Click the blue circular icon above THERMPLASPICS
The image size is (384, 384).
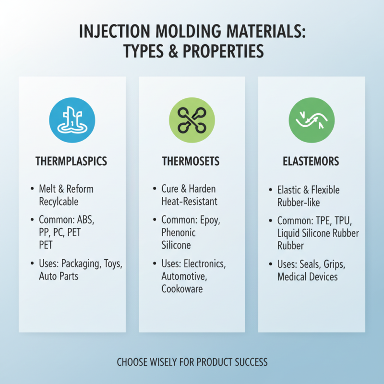pyautogui.click(x=72, y=120)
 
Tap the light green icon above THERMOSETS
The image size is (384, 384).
pyautogui.click(x=192, y=120)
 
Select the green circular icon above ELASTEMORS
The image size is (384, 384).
pyautogui.click(x=311, y=120)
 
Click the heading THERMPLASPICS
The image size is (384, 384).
pyautogui.click(x=72, y=161)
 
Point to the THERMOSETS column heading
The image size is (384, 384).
pyautogui.click(x=192, y=161)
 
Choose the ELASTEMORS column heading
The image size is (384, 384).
pyautogui.click(x=311, y=161)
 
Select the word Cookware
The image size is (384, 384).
pyautogui.click(x=182, y=289)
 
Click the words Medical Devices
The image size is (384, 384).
pyautogui.click(x=308, y=277)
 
